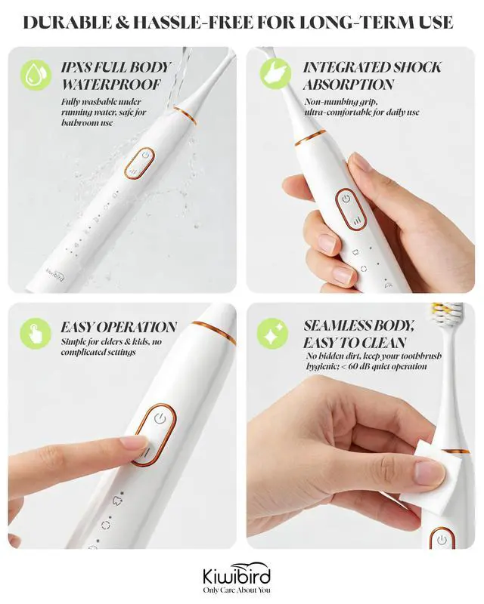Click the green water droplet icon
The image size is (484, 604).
[x=36, y=75]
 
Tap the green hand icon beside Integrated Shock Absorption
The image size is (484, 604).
[x=275, y=73]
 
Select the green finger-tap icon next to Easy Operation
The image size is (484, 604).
[x=36, y=334]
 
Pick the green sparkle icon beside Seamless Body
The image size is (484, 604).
[x=272, y=334]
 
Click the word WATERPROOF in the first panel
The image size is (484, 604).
[x=111, y=84]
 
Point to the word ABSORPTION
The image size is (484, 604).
[x=349, y=84]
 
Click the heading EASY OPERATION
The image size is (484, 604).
[x=119, y=327]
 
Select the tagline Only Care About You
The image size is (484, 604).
[x=237, y=590]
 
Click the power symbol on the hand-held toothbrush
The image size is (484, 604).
[x=346, y=199]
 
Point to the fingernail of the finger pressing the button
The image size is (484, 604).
[x=134, y=442]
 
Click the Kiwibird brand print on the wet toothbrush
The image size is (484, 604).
[x=55, y=274]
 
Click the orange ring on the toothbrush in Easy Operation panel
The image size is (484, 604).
[x=214, y=331]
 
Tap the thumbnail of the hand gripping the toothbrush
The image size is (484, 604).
[x=361, y=162]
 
